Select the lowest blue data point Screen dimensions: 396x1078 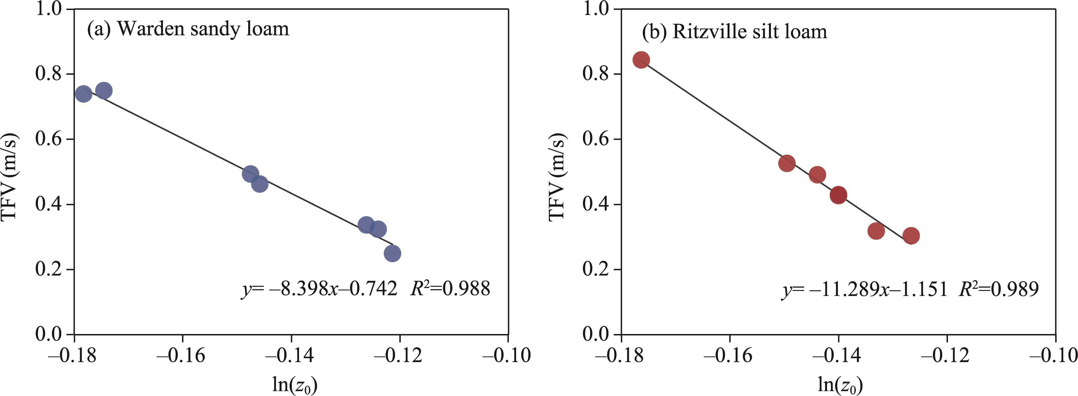point(392,253)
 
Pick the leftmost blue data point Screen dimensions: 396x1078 point(84,94)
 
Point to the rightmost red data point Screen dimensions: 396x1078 point(911,236)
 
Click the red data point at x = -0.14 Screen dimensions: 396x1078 point(838,195)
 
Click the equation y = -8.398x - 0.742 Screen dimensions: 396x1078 point(319,289)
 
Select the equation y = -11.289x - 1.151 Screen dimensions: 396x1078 point(865,289)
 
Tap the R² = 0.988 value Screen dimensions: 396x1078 point(450,288)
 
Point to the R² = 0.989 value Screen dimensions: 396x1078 point(999,288)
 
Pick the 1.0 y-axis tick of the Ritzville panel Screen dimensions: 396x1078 point(596,9)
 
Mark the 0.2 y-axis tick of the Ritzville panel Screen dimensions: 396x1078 point(596,269)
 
